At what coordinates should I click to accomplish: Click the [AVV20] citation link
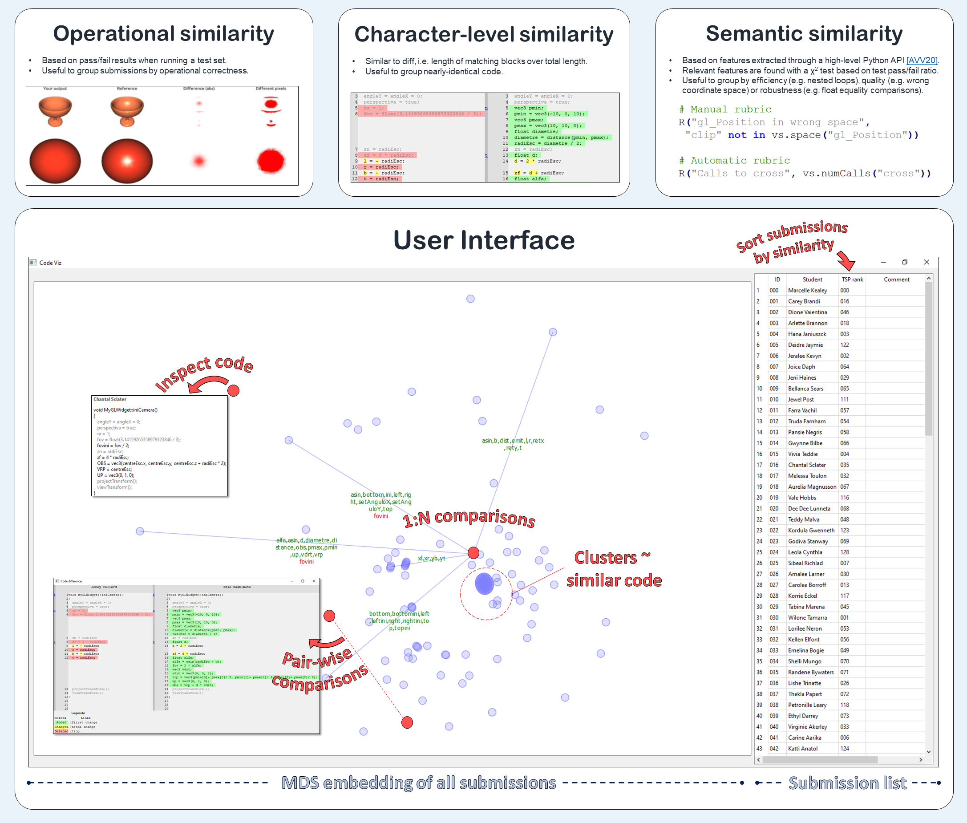[x=921, y=60]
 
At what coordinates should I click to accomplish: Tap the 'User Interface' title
[x=484, y=240]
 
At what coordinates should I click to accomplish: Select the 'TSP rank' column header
[x=852, y=280]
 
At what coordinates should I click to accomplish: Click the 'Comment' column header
[x=896, y=280]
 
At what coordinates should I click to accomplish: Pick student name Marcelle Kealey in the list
[x=808, y=290]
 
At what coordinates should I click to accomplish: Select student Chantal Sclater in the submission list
[x=806, y=465]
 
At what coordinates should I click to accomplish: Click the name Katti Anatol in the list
[x=802, y=748]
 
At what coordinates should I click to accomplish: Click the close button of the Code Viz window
[x=927, y=262]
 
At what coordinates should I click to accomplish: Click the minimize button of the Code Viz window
[x=883, y=262]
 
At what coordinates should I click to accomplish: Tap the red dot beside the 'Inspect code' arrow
[x=234, y=390]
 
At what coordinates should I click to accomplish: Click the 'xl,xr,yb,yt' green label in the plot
[x=431, y=558]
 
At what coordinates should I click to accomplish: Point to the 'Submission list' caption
[x=847, y=783]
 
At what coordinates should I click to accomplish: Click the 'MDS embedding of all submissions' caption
[x=418, y=783]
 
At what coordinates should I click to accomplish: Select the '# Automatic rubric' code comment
[x=734, y=161]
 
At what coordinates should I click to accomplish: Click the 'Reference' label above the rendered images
[x=127, y=88]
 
